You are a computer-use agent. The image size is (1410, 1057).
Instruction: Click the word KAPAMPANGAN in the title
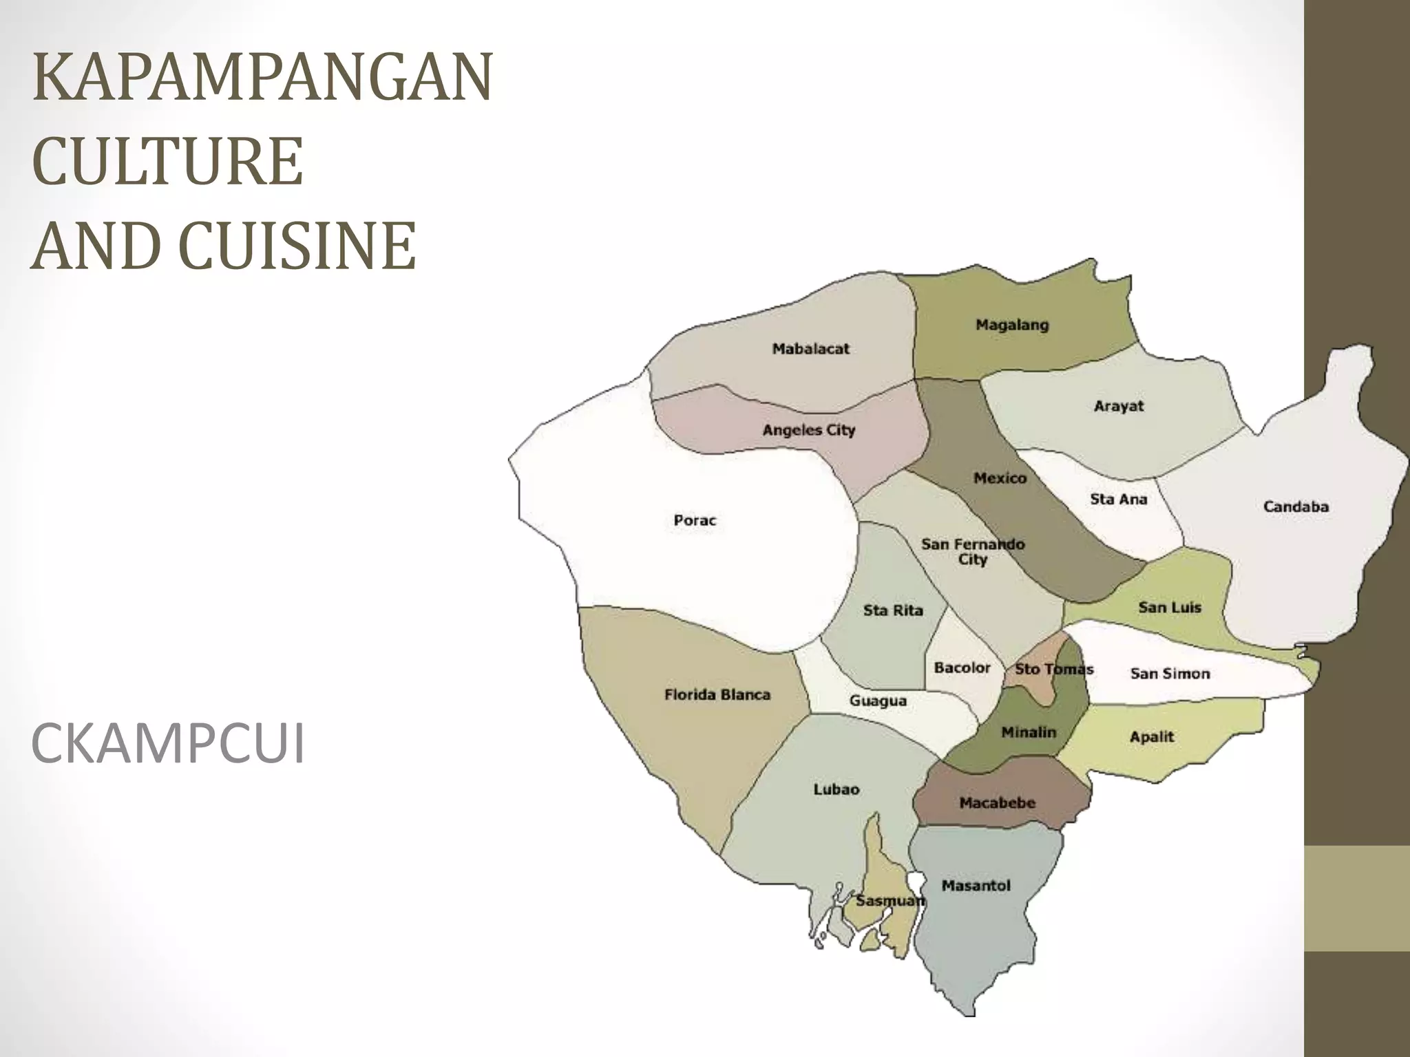coord(262,77)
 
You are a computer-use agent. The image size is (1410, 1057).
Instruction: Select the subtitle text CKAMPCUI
coord(167,745)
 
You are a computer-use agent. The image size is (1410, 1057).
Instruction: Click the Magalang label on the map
coord(1012,325)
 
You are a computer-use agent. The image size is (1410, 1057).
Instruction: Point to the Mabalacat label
coord(810,349)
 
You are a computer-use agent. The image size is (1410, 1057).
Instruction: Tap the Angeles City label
coord(808,430)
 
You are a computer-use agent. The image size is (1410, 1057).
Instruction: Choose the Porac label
coord(695,520)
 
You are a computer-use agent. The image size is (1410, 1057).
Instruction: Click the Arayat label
coord(1118,406)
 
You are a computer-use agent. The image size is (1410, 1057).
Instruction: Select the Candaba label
coord(1295,506)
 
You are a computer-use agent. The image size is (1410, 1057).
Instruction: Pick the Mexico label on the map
coord(1000,478)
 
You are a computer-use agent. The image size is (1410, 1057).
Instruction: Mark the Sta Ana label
coord(1118,499)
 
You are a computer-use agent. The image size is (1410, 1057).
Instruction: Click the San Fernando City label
coord(973,551)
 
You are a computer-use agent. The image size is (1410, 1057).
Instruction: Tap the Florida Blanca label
coord(717,694)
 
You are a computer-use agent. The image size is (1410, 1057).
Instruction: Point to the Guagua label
coord(878,701)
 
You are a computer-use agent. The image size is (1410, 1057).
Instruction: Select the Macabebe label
coord(997,802)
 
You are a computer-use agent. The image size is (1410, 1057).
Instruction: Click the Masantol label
coord(976,886)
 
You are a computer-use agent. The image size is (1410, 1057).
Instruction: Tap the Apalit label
coord(1151,736)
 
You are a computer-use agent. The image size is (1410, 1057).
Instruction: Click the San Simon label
coord(1170,674)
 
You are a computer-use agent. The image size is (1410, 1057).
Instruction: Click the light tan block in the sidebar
coord(1357,898)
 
